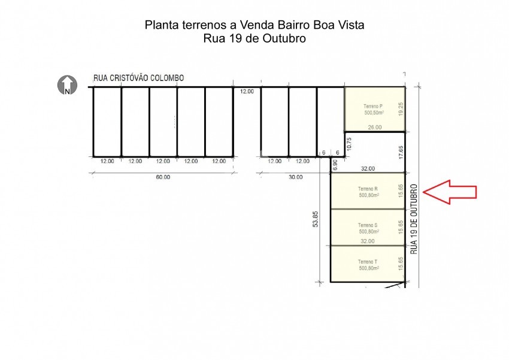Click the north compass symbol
click(x=67, y=85)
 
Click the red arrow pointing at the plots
click(x=450, y=192)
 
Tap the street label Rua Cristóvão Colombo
click(x=138, y=78)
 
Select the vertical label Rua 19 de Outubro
click(x=414, y=219)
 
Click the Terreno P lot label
click(x=373, y=106)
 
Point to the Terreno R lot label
click(x=368, y=189)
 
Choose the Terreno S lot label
click(x=368, y=225)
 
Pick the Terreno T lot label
click(x=368, y=262)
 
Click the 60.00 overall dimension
click(x=163, y=177)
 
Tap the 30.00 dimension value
click(x=295, y=177)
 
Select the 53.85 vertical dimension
click(x=316, y=219)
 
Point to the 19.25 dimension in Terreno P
click(x=401, y=109)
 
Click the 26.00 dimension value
click(x=375, y=127)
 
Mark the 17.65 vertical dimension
click(x=401, y=152)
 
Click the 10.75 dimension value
click(x=349, y=144)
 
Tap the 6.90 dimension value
click(x=335, y=165)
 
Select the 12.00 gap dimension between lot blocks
click(x=247, y=92)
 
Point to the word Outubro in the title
click(x=284, y=38)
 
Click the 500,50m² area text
click(x=374, y=113)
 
